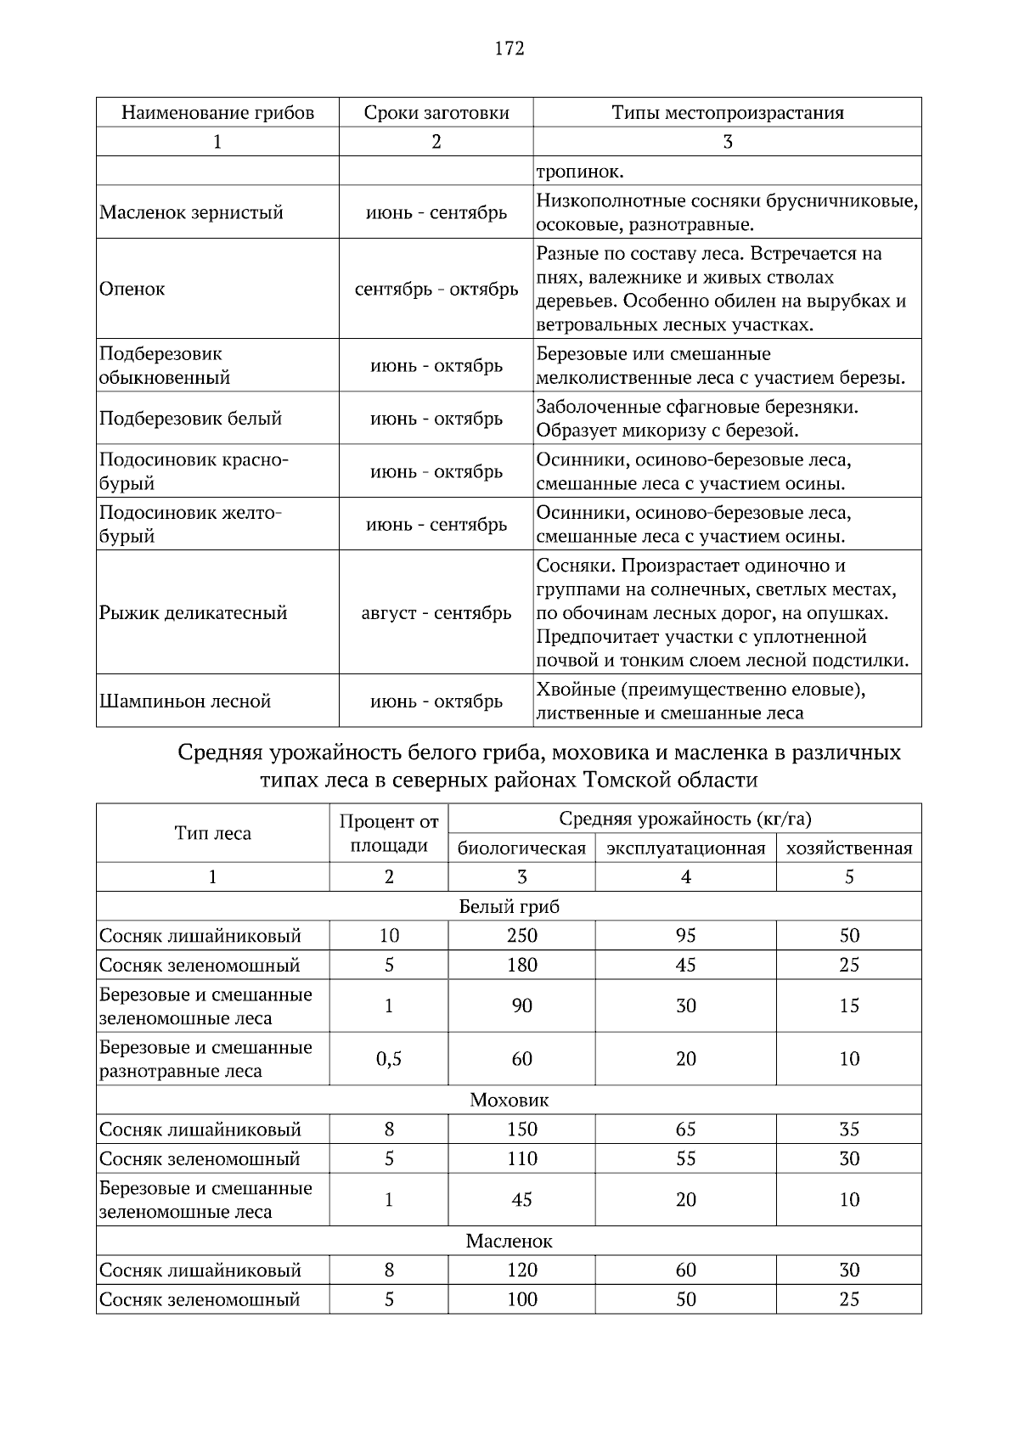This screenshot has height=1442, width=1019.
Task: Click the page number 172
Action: [509, 48]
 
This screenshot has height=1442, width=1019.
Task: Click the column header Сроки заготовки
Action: [436, 113]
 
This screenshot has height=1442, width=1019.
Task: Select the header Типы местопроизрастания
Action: [728, 113]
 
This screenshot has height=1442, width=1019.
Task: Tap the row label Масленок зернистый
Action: [191, 213]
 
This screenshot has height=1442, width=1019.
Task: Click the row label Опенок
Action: [132, 289]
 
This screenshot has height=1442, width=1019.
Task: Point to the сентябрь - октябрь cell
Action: [436, 289]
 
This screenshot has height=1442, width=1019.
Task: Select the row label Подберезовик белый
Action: [190, 419]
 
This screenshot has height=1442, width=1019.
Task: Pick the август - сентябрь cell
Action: [436, 613]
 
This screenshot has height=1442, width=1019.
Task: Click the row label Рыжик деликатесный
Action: [194, 613]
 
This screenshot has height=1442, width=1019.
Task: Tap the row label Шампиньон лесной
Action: [185, 701]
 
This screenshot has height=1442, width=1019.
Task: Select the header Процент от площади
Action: [389, 834]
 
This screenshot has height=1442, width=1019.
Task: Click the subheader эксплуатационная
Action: [685, 848]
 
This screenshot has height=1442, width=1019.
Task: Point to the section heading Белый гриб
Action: [509, 906]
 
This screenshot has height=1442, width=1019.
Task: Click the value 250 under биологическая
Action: [521, 936]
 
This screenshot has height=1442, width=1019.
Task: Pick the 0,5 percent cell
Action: [389, 1059]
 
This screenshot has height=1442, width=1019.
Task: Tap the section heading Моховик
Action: [509, 1101]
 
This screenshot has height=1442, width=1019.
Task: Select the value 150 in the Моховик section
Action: [521, 1129]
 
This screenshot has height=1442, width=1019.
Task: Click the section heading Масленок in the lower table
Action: [509, 1242]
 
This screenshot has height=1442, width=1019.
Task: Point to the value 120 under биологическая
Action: [521, 1270]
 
